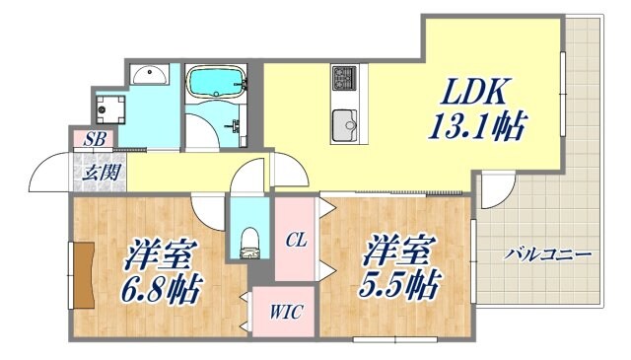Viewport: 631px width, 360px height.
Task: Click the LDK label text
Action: pyautogui.click(x=474, y=94)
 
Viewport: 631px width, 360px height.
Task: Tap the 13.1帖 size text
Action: pyautogui.click(x=475, y=125)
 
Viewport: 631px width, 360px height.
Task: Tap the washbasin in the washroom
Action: pyautogui.click(x=149, y=75)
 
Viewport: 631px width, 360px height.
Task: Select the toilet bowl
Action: pyautogui.click(x=249, y=239)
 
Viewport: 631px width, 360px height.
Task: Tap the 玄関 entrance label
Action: pyautogui.click(x=96, y=173)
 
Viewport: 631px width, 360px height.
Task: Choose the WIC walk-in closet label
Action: pyautogui.click(x=286, y=313)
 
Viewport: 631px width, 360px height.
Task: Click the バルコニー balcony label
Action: pyautogui.click(x=547, y=254)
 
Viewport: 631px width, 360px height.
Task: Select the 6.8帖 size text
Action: pyautogui.click(x=164, y=288)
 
